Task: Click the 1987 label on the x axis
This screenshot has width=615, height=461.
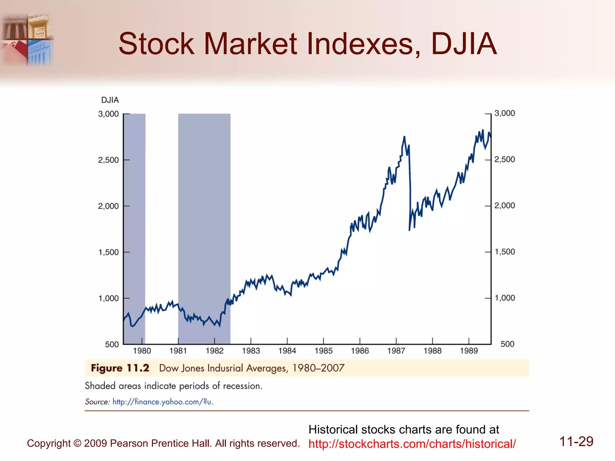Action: pos(396,351)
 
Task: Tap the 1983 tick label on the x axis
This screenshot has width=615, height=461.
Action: pos(251,351)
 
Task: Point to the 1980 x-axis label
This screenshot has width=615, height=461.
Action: pos(142,351)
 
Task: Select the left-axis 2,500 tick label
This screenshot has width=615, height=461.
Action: pos(108,160)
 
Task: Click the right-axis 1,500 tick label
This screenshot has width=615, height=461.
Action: pos(505,252)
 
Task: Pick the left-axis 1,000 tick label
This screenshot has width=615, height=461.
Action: pos(108,298)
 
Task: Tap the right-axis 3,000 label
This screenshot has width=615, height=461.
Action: pos(505,113)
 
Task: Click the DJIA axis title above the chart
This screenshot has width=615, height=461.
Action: pos(110,100)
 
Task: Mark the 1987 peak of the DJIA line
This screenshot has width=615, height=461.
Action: pos(404,137)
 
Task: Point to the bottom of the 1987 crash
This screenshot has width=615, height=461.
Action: pos(409,230)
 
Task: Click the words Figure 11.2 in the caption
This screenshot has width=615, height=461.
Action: pos(120,368)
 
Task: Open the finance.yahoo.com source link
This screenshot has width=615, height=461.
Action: pos(162,402)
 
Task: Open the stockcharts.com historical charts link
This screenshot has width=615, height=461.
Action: pos(412,444)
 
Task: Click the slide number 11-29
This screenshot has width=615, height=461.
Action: pos(576,441)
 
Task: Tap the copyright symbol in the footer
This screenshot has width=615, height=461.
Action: pos(77,443)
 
